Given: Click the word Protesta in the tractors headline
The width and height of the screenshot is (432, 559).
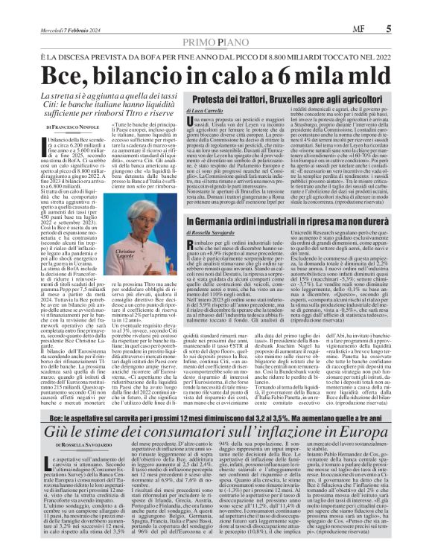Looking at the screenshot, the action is (x=255, y=120).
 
